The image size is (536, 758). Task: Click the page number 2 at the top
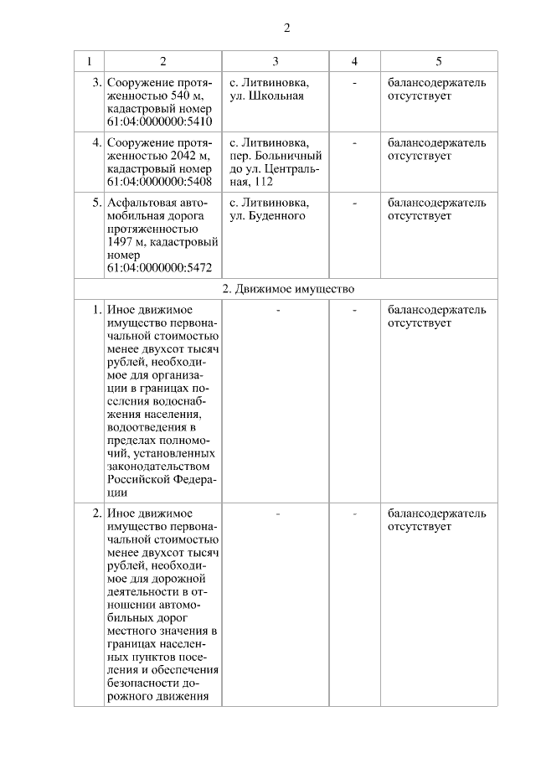[286, 28]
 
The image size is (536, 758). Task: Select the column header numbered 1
[89, 61]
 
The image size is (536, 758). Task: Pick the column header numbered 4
[354, 61]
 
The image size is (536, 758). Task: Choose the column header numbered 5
[439, 61]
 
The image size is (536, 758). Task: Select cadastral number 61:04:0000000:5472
[159, 268]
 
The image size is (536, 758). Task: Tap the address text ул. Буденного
[267, 215]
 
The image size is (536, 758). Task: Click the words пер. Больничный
[275, 156]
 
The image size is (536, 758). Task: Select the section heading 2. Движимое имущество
[288, 289]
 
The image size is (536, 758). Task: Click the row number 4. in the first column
[96, 142]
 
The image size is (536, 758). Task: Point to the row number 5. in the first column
[96, 203]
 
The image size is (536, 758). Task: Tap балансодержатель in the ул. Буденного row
[436, 203]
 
